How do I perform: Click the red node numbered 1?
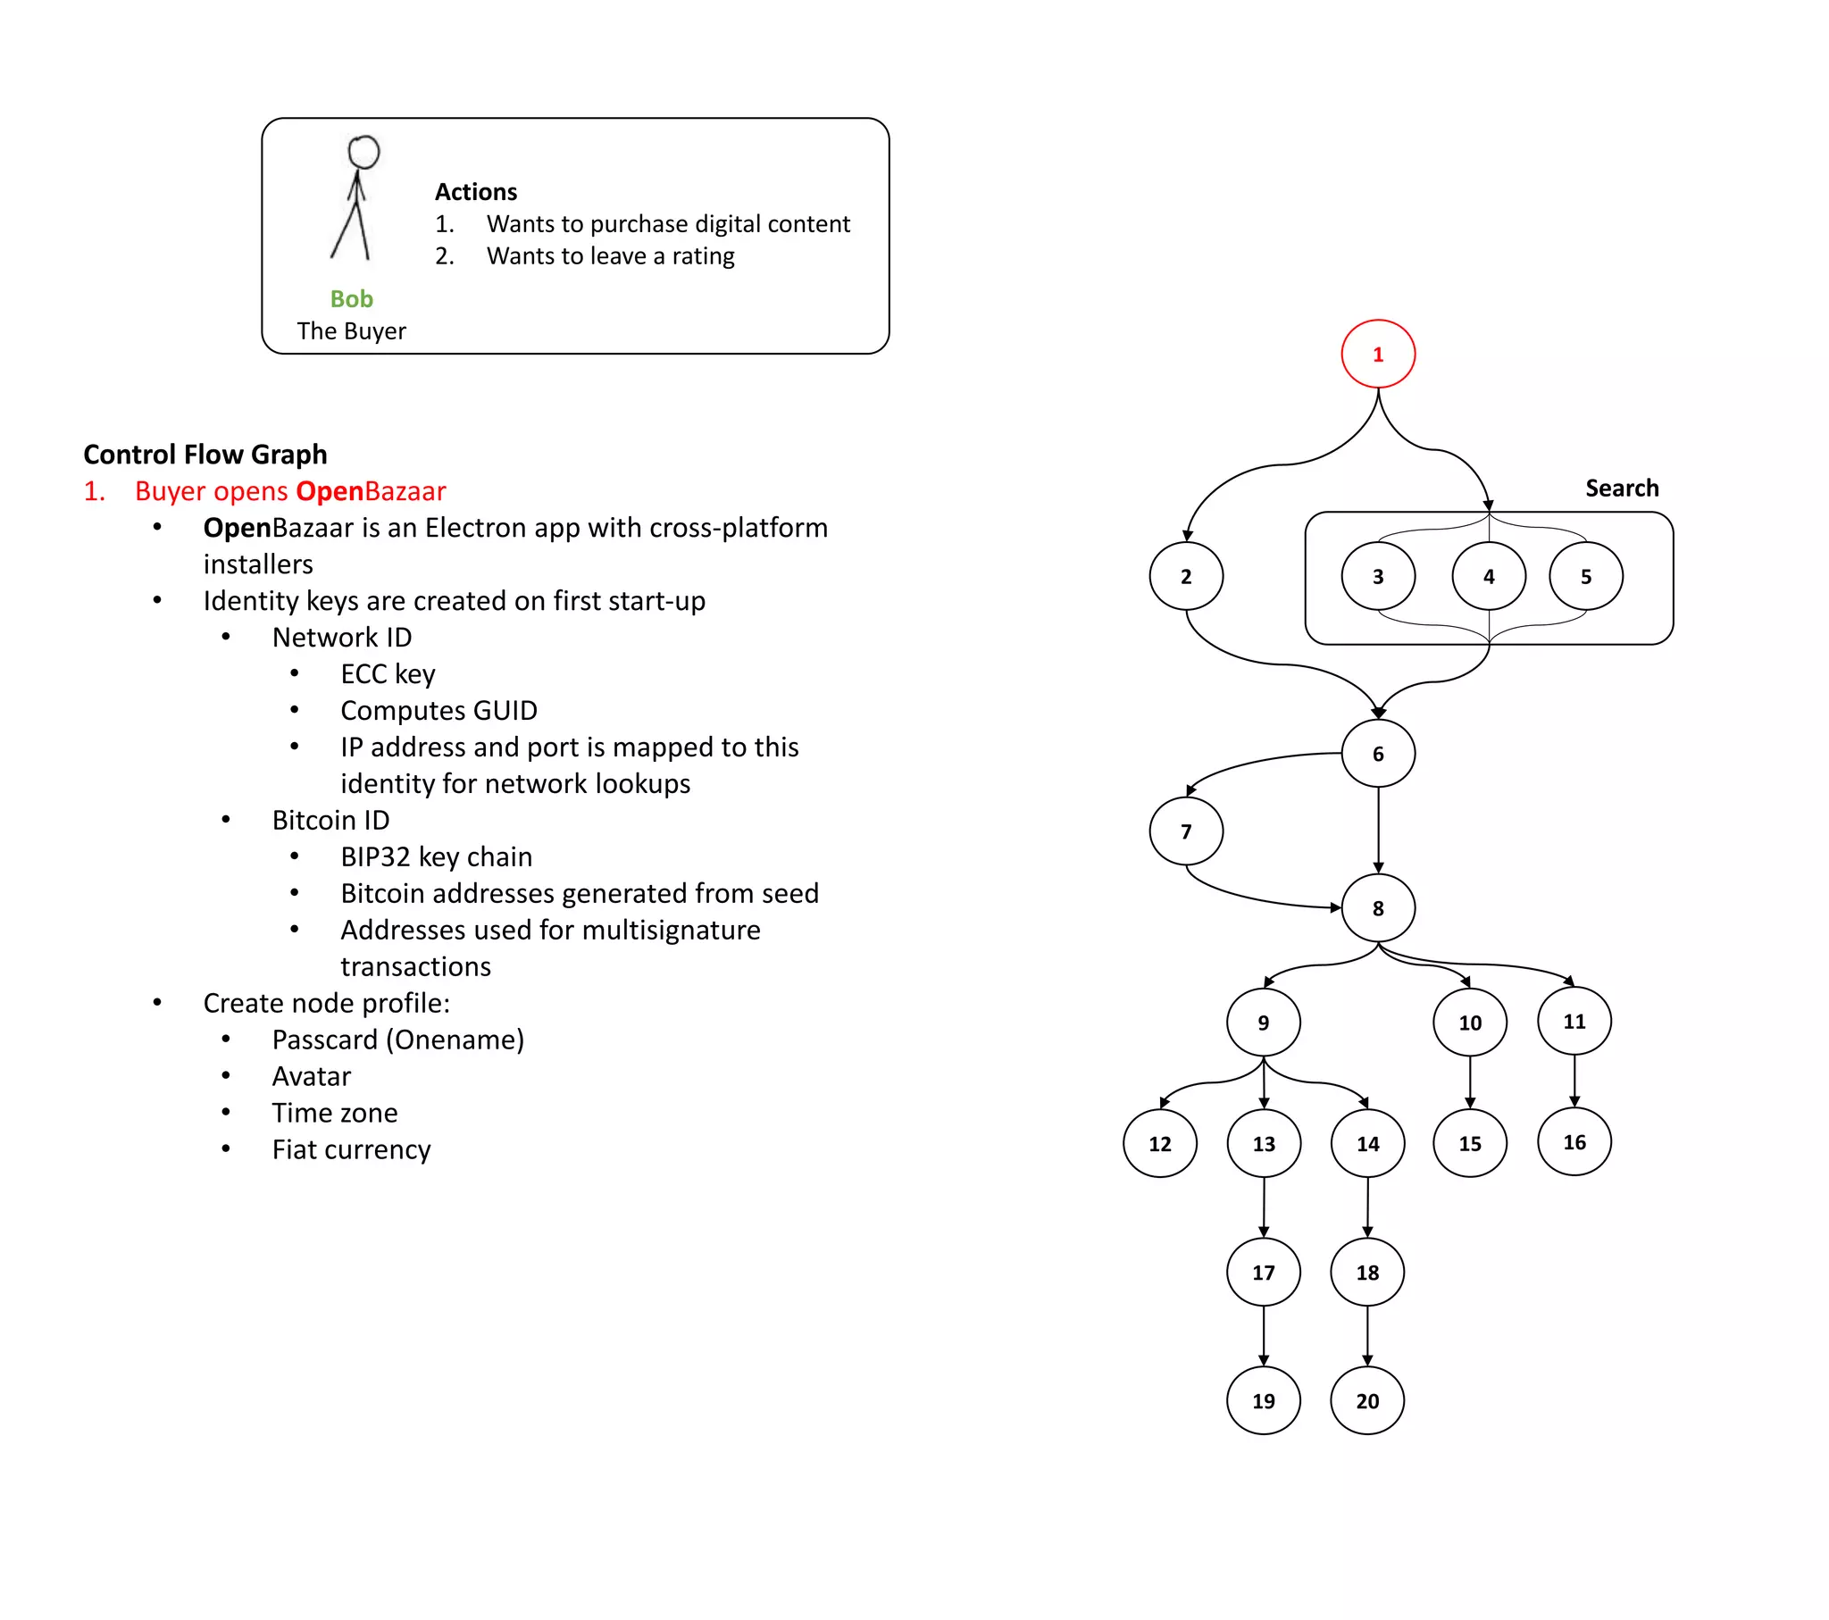(x=1377, y=354)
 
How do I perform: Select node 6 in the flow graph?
(x=1377, y=754)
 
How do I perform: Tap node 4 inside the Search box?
(x=1488, y=576)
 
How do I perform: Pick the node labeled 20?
(x=1366, y=1400)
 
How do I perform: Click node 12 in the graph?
(x=1160, y=1144)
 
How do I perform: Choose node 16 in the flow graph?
(x=1574, y=1142)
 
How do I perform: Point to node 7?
(x=1186, y=831)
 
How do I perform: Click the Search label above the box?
(x=1622, y=488)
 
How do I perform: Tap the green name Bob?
(x=351, y=299)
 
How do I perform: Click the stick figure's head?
(x=363, y=152)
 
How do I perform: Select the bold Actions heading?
(x=475, y=191)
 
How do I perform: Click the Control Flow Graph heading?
(x=205, y=455)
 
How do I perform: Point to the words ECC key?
(x=388, y=674)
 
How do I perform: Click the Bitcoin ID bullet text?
(x=330, y=820)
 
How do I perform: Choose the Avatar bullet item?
(x=311, y=1076)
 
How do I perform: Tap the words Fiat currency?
(x=351, y=1149)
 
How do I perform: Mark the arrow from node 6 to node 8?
(x=1378, y=828)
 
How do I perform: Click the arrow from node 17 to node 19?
(x=1264, y=1335)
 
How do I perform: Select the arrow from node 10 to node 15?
(x=1470, y=1082)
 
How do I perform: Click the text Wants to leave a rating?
(x=610, y=256)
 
